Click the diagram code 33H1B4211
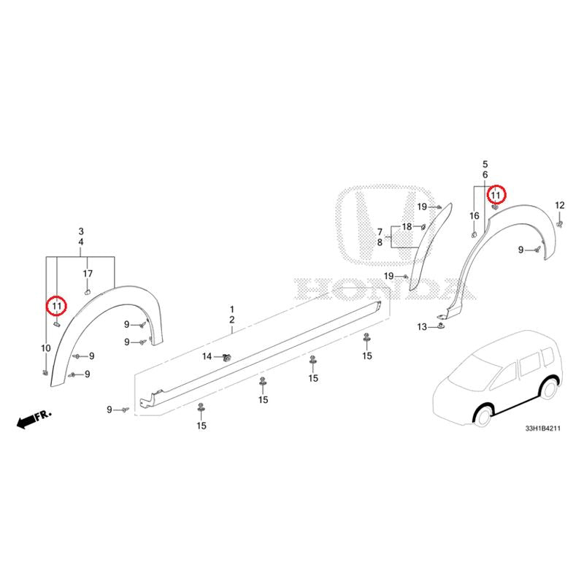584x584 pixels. pos(542,429)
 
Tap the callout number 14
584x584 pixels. pos(207,357)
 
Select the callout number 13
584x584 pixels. pos(422,327)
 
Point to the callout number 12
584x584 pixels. pos(559,205)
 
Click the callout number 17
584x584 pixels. pos(88,274)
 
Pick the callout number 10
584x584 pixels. pos(46,348)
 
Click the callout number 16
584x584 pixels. pos(474,215)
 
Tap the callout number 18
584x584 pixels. pos(407,226)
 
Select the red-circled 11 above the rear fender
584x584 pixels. pos(496,195)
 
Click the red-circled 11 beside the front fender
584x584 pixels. pos(56,306)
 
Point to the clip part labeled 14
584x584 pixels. pos(226,358)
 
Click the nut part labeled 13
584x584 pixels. pos(442,326)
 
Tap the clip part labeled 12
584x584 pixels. pos(559,223)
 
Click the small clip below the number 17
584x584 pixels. pos(87,291)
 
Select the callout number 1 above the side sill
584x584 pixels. pos(232,309)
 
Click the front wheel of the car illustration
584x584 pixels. pos(483,415)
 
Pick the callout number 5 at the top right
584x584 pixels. pos(485,164)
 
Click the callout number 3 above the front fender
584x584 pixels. pos(81,231)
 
